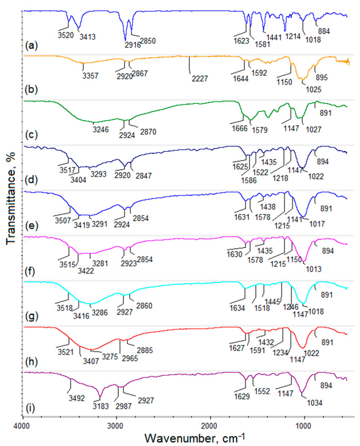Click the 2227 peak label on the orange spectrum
(201, 78)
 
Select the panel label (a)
(32, 45)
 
